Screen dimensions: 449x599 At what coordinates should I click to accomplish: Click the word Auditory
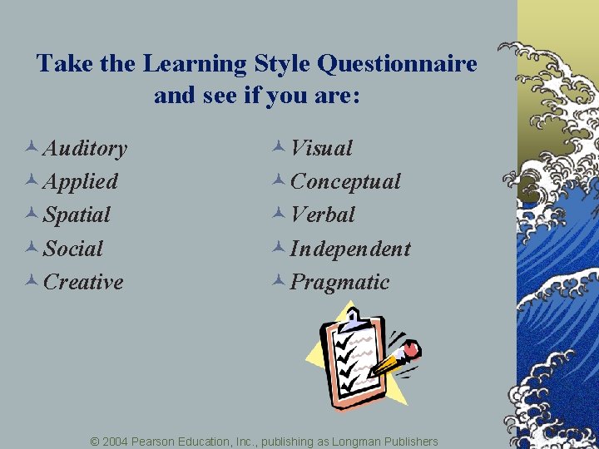coord(85,149)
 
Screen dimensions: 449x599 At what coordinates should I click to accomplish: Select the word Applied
coord(81,181)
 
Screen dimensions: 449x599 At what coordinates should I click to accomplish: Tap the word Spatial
coord(77,215)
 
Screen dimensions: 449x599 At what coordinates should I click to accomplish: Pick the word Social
coord(73,249)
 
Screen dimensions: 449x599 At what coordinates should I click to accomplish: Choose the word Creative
coord(83,282)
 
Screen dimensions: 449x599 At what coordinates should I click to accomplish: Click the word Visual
coord(322,148)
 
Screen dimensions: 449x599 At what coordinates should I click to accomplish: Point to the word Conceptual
coord(345,181)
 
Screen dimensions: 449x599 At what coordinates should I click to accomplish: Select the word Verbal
coord(323,215)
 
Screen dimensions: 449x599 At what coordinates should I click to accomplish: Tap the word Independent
coord(350,249)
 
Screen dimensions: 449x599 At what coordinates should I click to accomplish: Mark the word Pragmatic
coord(339,282)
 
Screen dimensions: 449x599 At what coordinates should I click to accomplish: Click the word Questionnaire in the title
coord(398,63)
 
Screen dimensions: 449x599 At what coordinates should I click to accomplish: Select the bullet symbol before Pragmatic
coord(279,281)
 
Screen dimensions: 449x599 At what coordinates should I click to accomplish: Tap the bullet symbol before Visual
coord(279,147)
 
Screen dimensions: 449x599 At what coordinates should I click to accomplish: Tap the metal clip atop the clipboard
coord(356,317)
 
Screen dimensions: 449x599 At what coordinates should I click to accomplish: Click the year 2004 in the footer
coord(116,441)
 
